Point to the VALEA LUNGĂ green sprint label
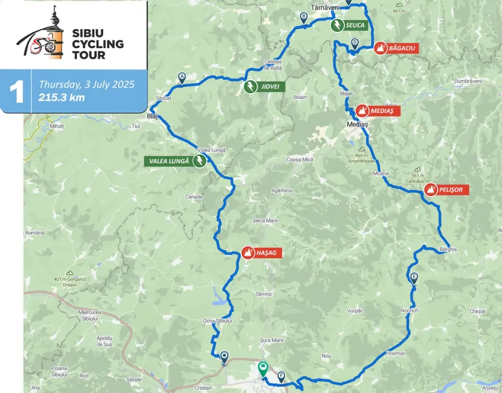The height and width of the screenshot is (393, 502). (x=169, y=161)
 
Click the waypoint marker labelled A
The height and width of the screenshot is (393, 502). (x=182, y=78)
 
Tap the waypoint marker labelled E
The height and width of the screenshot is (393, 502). (x=414, y=278)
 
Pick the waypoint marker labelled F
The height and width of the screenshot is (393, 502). (x=281, y=377)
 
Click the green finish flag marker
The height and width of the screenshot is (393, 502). (x=263, y=368)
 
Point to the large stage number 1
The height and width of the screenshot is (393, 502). (x=17, y=92)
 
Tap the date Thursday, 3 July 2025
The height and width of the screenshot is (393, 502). (x=86, y=84)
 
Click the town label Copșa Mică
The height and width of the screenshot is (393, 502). (x=300, y=160)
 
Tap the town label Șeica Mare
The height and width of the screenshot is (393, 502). (x=265, y=221)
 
